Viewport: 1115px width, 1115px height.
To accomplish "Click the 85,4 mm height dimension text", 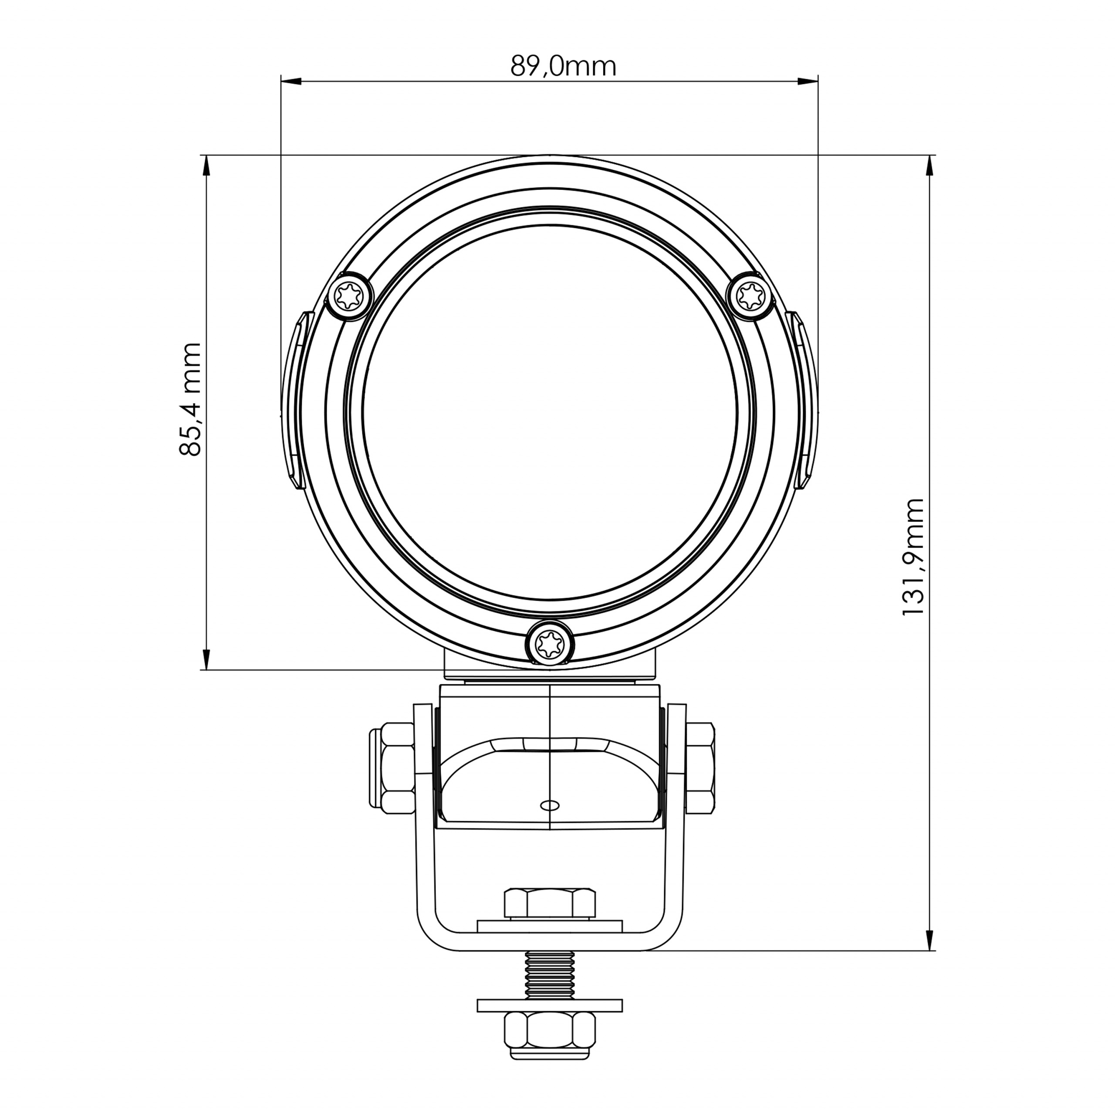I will (x=190, y=400).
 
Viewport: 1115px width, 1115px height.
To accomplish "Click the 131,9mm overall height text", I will (x=913, y=557).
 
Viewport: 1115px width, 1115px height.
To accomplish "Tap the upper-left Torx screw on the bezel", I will (x=350, y=297).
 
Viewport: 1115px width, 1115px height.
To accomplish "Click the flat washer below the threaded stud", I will (x=550, y=1005).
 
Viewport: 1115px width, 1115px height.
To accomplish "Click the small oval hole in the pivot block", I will (x=549, y=805).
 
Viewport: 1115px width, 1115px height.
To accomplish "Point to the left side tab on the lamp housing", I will (x=295, y=400).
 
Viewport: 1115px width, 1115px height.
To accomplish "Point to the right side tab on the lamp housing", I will (x=804, y=400).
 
